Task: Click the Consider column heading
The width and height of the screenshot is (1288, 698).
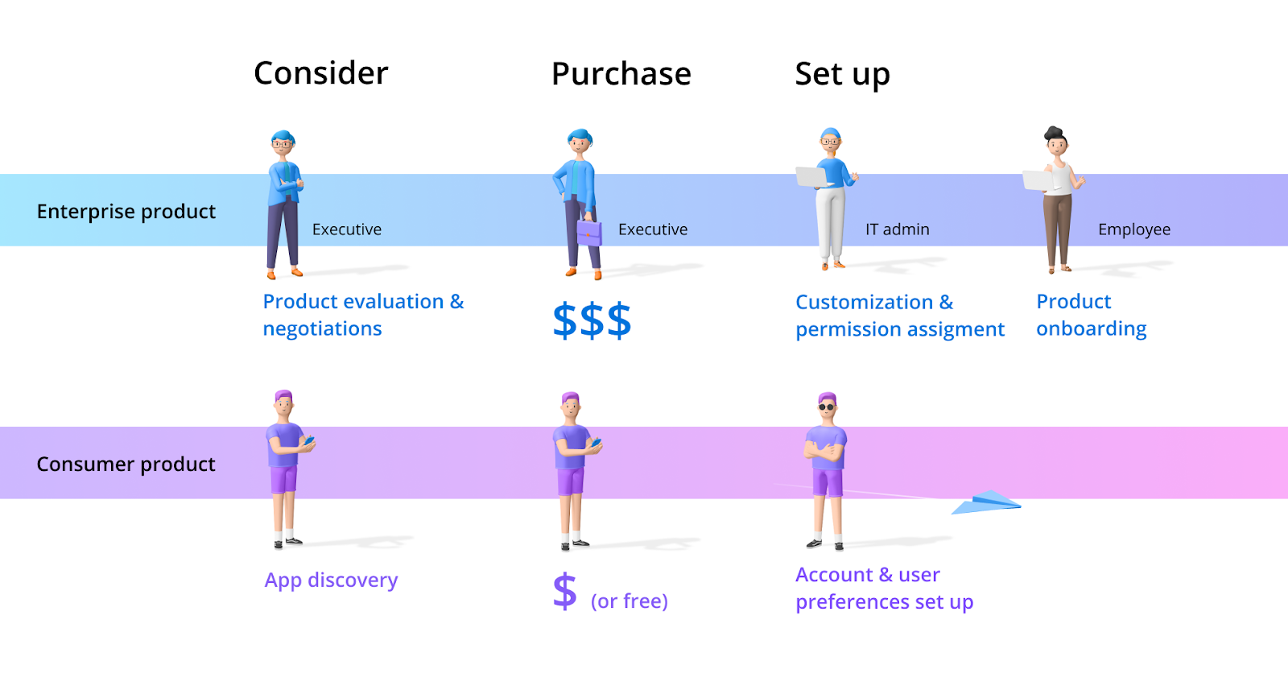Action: click(320, 73)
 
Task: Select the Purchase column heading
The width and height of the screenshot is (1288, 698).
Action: click(621, 74)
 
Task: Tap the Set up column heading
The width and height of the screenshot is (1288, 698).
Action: click(842, 74)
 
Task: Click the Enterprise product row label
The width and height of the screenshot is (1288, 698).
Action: click(126, 211)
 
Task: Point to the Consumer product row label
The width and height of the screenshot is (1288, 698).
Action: click(126, 465)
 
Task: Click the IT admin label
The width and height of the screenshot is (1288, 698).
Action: click(897, 229)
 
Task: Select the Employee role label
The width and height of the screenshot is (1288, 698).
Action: click(1133, 229)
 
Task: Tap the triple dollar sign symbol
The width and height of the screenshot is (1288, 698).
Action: click(592, 320)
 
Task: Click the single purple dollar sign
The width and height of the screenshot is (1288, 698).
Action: click(565, 591)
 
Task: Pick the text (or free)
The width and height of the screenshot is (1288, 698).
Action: click(629, 601)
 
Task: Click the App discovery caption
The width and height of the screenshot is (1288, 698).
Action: click(331, 580)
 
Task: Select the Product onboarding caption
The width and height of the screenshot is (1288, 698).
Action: click(1091, 315)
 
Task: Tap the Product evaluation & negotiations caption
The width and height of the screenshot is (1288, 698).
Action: click(363, 315)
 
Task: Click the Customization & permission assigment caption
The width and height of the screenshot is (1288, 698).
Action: click(899, 316)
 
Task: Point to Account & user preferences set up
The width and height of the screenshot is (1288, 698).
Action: click(884, 589)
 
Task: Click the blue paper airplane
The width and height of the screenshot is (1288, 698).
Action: click(988, 503)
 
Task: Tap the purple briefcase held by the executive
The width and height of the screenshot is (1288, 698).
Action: click(589, 233)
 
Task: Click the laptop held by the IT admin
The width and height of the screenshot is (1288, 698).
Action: click(814, 176)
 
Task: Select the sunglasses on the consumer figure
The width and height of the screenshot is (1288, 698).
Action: click(827, 407)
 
